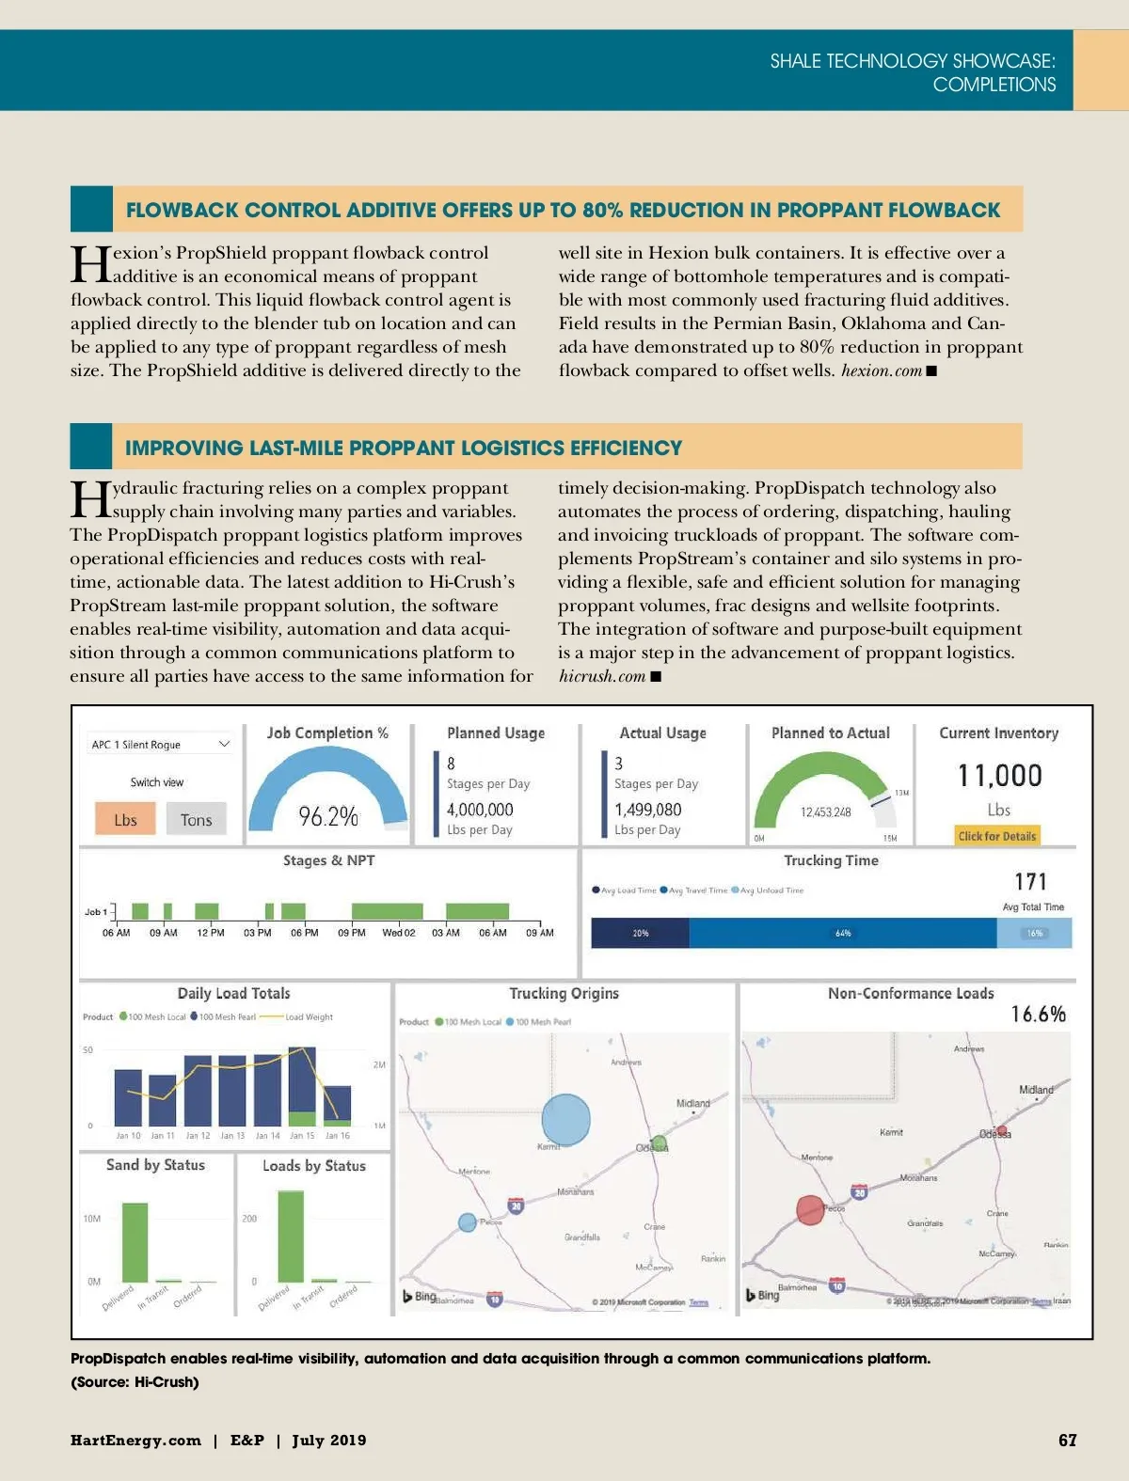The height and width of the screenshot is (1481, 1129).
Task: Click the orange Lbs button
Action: click(125, 819)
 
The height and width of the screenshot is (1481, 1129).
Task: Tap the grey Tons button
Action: click(196, 819)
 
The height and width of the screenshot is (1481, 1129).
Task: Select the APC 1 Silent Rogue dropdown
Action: click(160, 744)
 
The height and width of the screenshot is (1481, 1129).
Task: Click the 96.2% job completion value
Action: click(328, 816)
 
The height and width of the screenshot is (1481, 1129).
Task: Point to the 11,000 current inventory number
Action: click(999, 776)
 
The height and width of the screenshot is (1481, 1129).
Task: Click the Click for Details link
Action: click(996, 836)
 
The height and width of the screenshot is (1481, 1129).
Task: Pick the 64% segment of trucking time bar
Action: click(843, 933)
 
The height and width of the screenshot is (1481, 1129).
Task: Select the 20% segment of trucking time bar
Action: click(641, 933)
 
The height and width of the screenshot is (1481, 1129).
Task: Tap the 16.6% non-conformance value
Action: click(1038, 1014)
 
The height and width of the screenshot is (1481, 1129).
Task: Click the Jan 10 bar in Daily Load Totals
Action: click(128, 1097)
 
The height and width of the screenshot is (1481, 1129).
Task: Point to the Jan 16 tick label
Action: click(338, 1136)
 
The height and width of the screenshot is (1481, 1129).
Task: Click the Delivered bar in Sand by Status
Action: click(135, 1241)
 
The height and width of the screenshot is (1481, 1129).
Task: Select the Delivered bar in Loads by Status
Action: click(291, 1236)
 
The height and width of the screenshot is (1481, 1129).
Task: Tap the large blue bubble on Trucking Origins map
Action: click(565, 1119)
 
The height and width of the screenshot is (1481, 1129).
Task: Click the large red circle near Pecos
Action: click(810, 1209)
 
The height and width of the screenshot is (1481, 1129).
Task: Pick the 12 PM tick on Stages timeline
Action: click(210, 933)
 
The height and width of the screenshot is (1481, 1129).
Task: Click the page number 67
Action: click(1067, 1440)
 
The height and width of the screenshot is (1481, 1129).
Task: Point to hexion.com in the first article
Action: click(882, 370)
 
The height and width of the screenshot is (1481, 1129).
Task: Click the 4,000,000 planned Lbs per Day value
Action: click(480, 810)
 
